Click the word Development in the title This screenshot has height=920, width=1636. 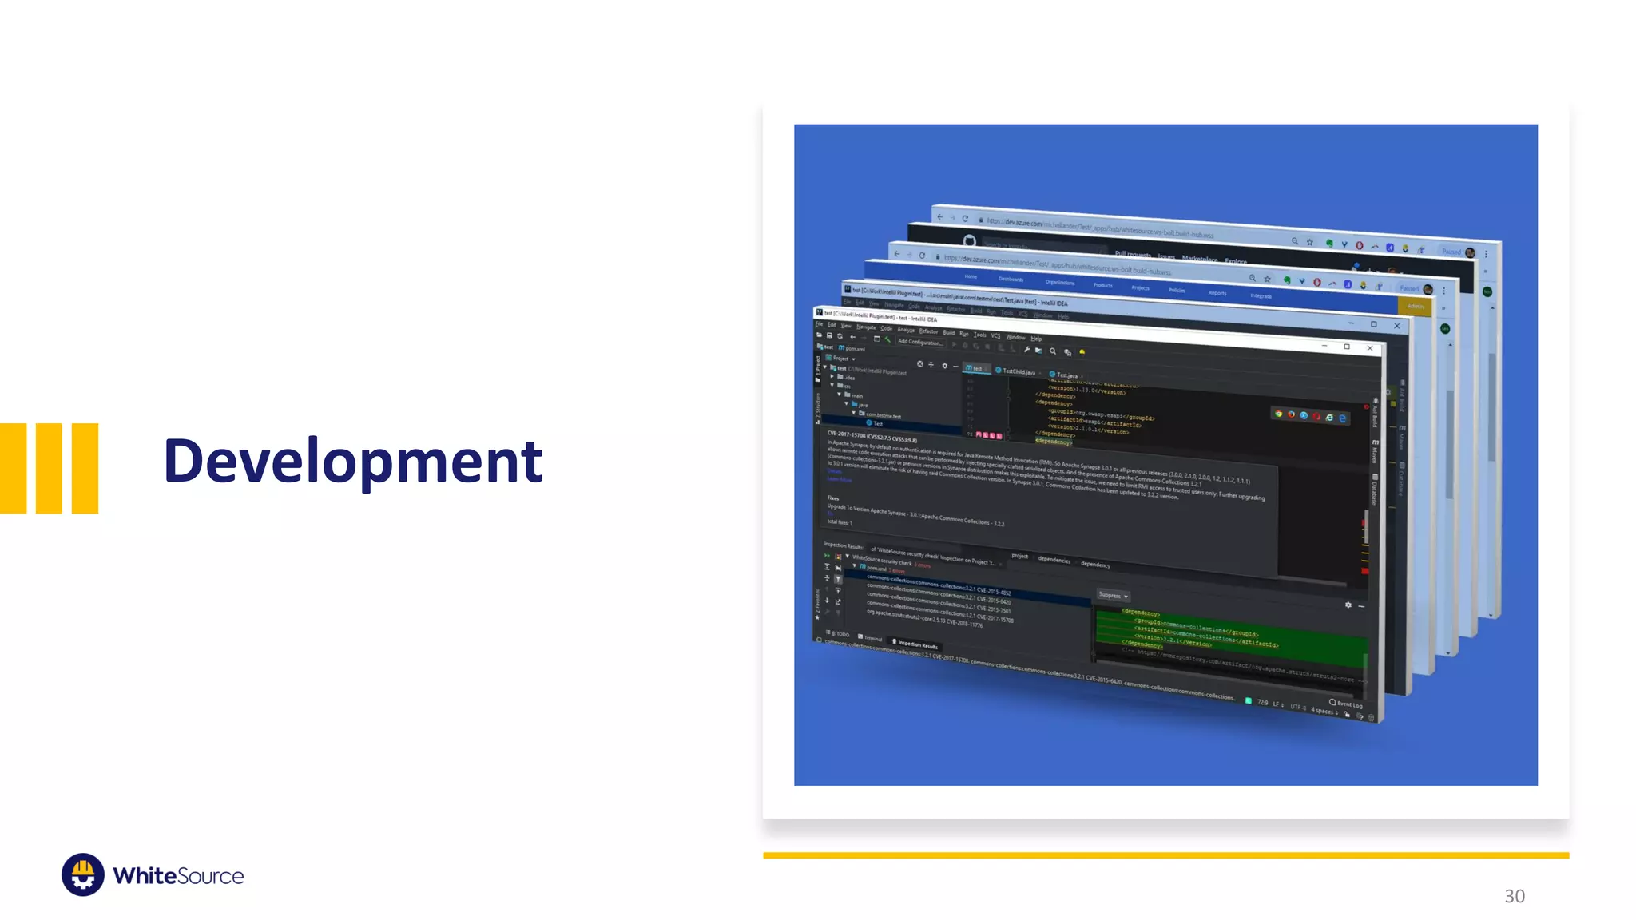coord(352,461)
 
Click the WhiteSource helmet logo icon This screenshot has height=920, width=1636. coord(82,874)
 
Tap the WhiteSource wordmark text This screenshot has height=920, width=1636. coord(178,876)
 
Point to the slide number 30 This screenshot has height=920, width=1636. coord(1514,896)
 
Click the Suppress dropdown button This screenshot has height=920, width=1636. coord(1112,595)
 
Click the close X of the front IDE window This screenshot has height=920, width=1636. coord(1370,348)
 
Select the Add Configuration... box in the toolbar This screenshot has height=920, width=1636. coord(919,342)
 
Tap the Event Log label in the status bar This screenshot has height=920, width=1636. coord(1348,704)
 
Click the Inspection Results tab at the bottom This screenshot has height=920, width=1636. coord(916,644)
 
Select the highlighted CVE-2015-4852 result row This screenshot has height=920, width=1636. coord(939,588)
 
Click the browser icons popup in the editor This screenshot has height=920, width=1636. coord(1310,416)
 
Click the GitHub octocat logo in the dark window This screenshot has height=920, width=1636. coord(969,240)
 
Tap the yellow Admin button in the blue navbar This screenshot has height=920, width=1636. coord(1415,306)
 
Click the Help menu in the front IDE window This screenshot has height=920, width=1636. coord(1036,339)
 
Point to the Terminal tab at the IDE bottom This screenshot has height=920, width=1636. coord(871,638)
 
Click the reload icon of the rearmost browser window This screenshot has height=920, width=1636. coord(965,219)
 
